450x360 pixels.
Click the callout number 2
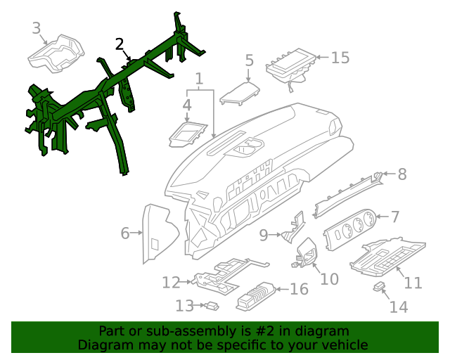coord(120,44)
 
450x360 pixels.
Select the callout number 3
coord(37,28)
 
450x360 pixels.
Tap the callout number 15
coord(340,58)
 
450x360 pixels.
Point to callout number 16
coord(299,289)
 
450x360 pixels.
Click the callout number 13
coord(184,306)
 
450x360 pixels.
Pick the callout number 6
coord(125,233)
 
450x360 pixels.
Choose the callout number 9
coord(264,235)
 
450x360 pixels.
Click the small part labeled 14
coord(380,286)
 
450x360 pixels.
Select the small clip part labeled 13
coord(210,306)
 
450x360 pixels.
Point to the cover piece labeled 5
coord(239,94)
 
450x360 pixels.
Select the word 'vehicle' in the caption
coord(344,345)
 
